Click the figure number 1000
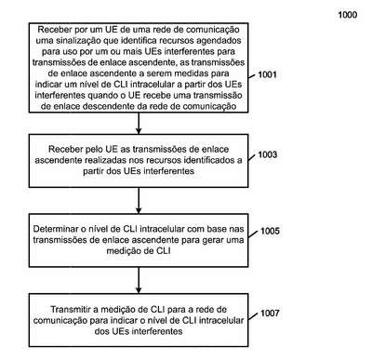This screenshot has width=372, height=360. click(x=348, y=15)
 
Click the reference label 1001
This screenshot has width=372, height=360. click(x=267, y=74)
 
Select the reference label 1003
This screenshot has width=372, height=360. click(x=268, y=154)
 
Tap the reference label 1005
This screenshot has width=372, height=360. click(x=270, y=231)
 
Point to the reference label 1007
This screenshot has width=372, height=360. click(x=270, y=313)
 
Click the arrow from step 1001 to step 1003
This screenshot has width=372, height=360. click(x=139, y=123)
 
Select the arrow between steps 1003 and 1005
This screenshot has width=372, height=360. click(x=139, y=201)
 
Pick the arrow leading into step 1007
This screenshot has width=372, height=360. click(x=139, y=280)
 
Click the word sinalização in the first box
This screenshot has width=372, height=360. click(x=77, y=41)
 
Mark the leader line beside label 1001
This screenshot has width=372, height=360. click(x=252, y=76)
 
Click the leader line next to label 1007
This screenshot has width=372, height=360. click(x=253, y=316)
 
